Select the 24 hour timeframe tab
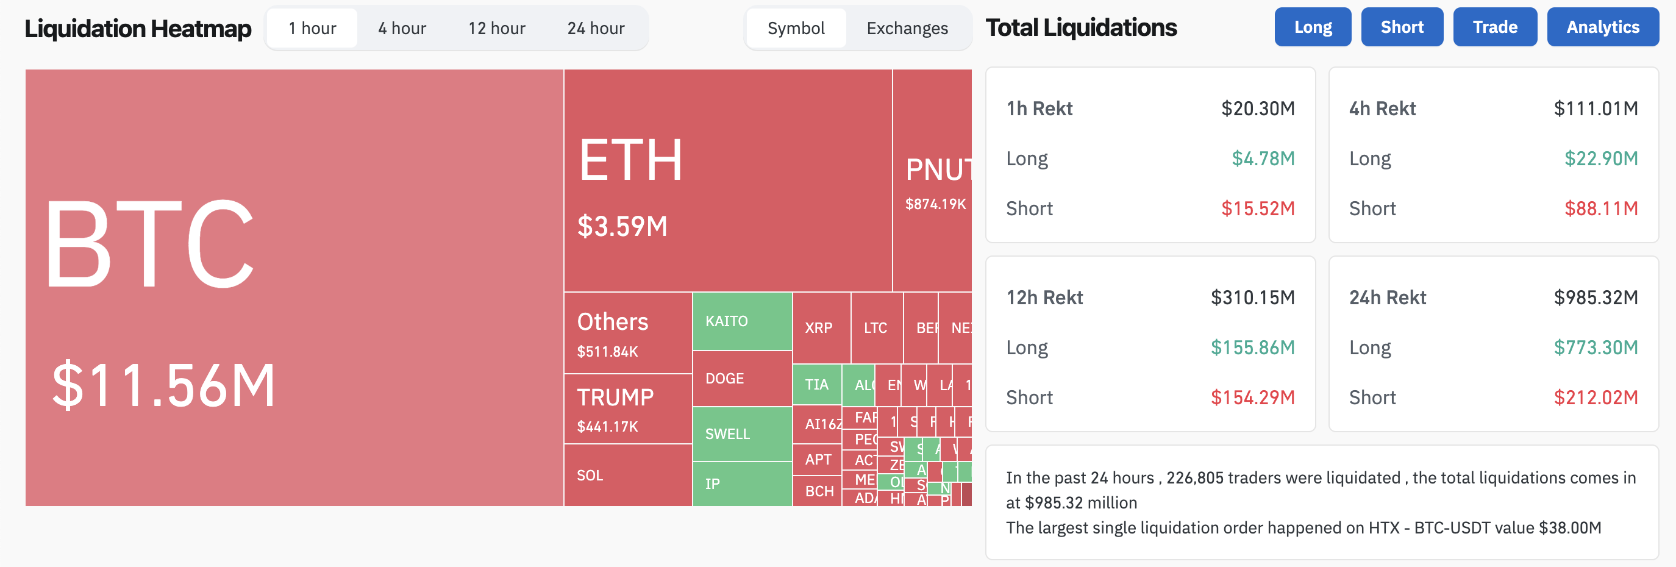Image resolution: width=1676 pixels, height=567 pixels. point(595,29)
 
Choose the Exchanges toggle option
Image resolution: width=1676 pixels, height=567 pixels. point(907,29)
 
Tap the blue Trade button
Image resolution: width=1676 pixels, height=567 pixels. point(1494,27)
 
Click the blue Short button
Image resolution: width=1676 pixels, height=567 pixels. point(1402,27)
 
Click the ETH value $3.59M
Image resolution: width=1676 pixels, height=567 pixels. point(622,227)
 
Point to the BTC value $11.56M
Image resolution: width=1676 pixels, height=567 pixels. point(163,386)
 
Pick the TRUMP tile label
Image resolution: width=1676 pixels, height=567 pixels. point(615,397)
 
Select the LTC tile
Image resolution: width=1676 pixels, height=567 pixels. point(875,327)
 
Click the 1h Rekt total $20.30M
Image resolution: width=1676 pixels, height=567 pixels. point(1257,108)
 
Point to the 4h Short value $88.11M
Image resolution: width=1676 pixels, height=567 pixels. point(1600,209)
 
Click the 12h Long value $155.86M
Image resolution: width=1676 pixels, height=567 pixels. point(1252,348)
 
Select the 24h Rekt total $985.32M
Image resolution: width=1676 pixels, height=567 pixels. point(1596,298)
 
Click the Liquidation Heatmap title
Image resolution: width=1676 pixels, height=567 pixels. point(138,29)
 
